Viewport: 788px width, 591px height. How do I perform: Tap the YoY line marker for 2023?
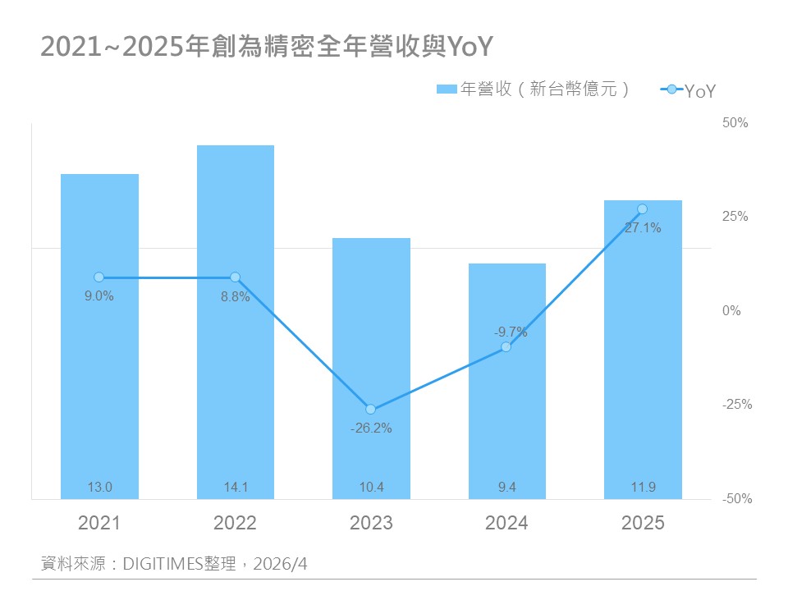coord(370,409)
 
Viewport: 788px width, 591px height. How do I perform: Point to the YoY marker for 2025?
coord(642,209)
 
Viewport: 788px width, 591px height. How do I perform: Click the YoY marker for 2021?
coord(98,277)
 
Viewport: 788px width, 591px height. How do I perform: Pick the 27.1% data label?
coord(642,228)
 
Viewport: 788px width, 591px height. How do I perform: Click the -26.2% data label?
coord(370,428)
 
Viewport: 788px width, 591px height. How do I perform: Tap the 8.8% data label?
coord(235,297)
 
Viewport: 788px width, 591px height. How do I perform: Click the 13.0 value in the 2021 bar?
coord(99,488)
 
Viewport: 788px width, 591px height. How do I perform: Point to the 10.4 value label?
coord(371,488)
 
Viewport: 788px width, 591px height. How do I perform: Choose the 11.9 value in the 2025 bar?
coord(643,488)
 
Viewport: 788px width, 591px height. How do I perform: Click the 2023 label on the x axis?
coord(371,523)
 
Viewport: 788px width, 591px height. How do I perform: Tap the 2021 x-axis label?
coord(99,523)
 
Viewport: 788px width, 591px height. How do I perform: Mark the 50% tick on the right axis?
coord(735,123)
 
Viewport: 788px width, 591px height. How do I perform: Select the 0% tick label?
coord(732,311)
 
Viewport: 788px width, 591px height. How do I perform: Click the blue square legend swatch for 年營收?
coord(446,89)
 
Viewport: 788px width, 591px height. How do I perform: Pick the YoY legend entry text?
coord(700,91)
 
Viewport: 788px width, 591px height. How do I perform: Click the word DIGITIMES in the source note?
coord(162,564)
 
